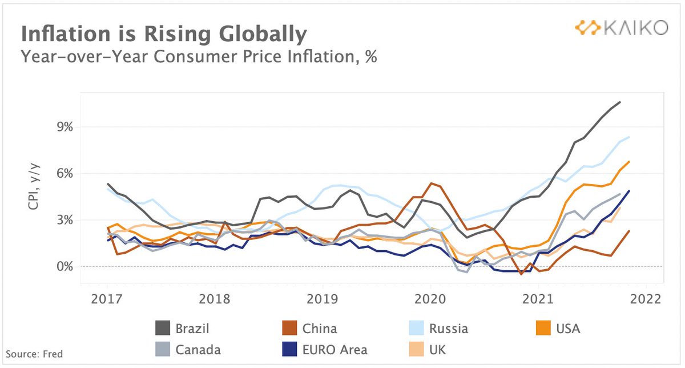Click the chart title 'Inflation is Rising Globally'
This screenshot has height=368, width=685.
pyautogui.click(x=164, y=34)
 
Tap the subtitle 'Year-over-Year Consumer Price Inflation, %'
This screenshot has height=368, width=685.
pyautogui.click(x=199, y=57)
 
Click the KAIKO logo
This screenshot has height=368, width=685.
pyautogui.click(x=620, y=27)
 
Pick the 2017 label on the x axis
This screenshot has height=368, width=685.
pyautogui.click(x=107, y=299)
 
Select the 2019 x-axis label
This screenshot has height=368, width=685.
pyautogui.click(x=323, y=299)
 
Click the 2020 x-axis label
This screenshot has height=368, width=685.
pyautogui.click(x=430, y=299)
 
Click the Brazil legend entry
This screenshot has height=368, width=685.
pyautogui.click(x=183, y=329)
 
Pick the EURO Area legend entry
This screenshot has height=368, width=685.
pyautogui.click(x=325, y=350)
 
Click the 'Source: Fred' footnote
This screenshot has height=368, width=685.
pyautogui.click(x=34, y=354)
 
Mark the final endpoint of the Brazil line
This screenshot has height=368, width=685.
pyautogui.click(x=620, y=102)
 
